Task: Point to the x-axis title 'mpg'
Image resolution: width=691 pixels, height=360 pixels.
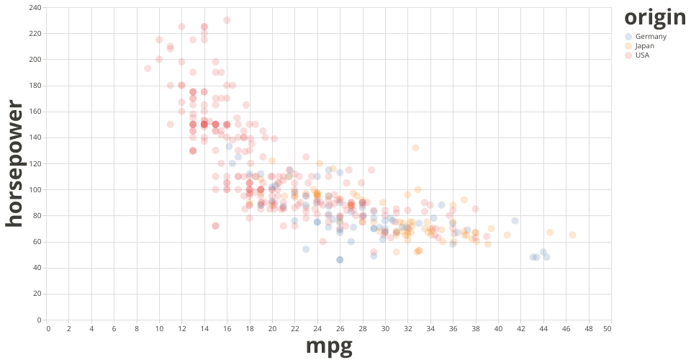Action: pyautogui.click(x=329, y=346)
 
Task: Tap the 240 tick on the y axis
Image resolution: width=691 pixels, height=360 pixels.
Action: pyautogui.click(x=35, y=7)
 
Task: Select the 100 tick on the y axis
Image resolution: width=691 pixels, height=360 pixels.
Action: pyautogui.click(x=35, y=189)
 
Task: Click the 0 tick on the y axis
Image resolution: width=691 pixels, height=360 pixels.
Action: pyautogui.click(x=39, y=320)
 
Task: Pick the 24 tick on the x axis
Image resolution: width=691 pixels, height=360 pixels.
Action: pyautogui.click(x=317, y=328)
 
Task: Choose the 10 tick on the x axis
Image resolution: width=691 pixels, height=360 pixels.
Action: pyautogui.click(x=160, y=328)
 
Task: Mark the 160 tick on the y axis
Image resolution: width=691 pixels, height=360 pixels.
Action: pyautogui.click(x=35, y=112)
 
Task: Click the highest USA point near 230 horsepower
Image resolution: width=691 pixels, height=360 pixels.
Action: pyautogui.click(x=227, y=20)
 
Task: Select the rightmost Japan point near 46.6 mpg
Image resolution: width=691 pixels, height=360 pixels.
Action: pyautogui.click(x=572, y=235)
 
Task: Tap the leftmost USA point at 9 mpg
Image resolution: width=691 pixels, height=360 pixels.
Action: pyautogui.click(x=148, y=68)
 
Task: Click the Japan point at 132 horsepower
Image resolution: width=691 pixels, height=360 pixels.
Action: pyautogui.click(x=415, y=148)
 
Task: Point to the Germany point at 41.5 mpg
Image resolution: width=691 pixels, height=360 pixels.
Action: pyautogui.click(x=515, y=220)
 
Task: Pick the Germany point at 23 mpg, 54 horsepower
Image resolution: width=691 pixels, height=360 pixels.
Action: pyautogui.click(x=306, y=249)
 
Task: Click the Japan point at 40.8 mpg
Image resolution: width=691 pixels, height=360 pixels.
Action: pyautogui.click(x=507, y=235)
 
